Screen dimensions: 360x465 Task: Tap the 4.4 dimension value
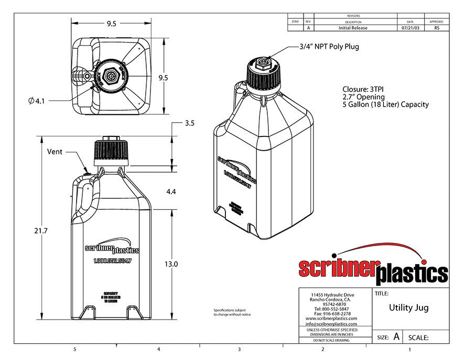click(171, 192)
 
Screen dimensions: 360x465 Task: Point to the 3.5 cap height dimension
click(189, 124)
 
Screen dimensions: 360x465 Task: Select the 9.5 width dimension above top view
click(111, 24)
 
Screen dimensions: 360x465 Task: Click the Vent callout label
click(55, 152)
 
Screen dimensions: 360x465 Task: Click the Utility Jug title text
click(408, 308)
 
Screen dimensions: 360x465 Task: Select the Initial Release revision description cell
click(353, 28)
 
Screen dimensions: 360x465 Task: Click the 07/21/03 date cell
click(410, 28)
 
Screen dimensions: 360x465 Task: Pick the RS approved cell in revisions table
click(437, 28)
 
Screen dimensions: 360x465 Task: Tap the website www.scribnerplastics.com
click(331, 319)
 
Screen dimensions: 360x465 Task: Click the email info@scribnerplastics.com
click(331, 324)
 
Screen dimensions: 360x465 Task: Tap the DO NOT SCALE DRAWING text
click(331, 341)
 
